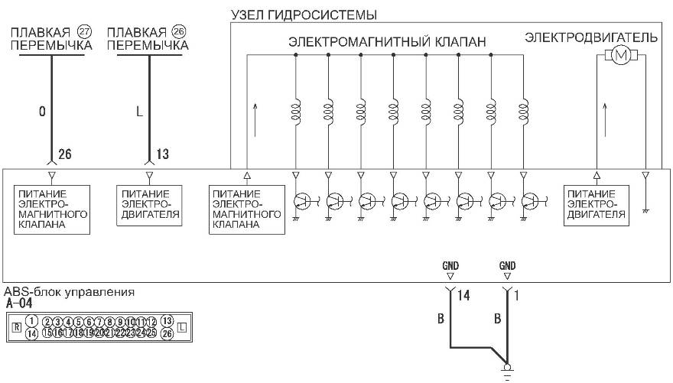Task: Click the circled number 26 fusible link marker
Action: click(x=179, y=33)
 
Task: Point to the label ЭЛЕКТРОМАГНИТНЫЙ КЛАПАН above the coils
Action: click(x=387, y=43)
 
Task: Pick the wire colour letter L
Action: click(x=138, y=112)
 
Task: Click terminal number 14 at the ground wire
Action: click(x=462, y=294)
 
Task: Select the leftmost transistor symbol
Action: click(x=301, y=201)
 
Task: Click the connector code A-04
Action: click(x=18, y=303)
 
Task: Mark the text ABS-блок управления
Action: click(x=70, y=292)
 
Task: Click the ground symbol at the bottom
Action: click(x=506, y=372)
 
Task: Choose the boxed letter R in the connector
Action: click(x=16, y=326)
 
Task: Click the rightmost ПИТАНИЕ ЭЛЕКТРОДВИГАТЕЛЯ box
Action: click(x=597, y=205)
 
